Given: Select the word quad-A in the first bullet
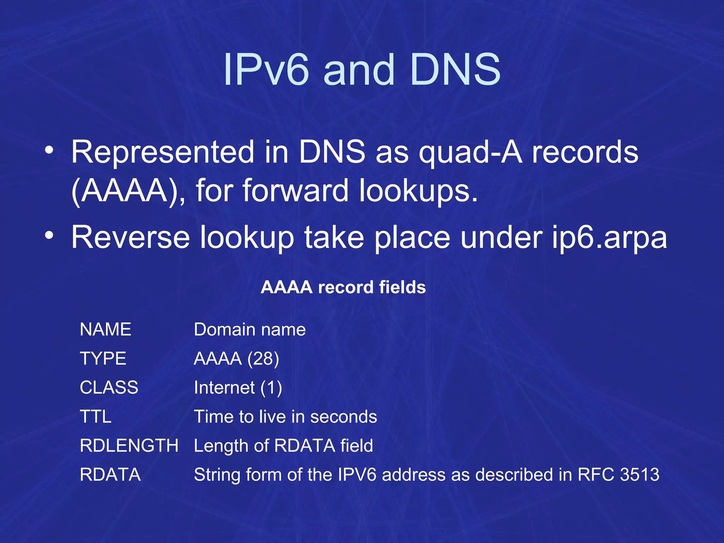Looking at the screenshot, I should tap(470, 152).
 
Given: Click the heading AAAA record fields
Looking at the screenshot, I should tap(343, 287).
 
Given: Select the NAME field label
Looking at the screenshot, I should tap(105, 329).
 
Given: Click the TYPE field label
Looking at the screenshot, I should tap(103, 358).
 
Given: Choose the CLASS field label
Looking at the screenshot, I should tap(109, 387).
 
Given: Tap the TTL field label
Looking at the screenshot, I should tap(95, 416).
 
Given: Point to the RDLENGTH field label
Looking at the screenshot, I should tap(129, 445).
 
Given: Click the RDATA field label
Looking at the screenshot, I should tap(110, 474).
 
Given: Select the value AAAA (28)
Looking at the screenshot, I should tap(237, 359).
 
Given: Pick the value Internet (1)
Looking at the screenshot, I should tap(238, 388).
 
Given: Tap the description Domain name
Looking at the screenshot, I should tap(250, 329).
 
